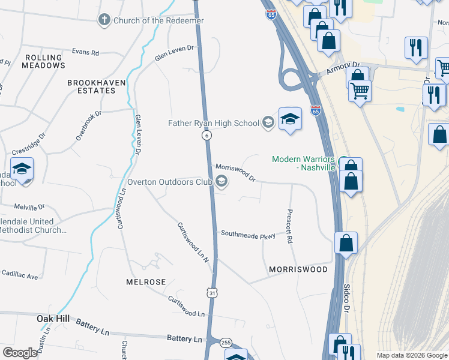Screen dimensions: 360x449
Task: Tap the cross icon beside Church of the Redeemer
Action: (x=104, y=20)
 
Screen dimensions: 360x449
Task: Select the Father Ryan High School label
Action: (x=213, y=123)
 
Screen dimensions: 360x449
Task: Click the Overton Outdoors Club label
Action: (x=170, y=181)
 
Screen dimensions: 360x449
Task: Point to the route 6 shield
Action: (x=206, y=136)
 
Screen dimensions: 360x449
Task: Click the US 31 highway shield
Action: (x=212, y=292)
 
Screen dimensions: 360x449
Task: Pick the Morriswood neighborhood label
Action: (x=298, y=269)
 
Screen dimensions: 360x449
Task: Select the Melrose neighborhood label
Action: (x=146, y=281)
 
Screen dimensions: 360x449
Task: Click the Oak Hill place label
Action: (x=53, y=318)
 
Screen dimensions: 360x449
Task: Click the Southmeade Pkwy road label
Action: (x=248, y=235)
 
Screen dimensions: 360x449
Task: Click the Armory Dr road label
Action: (x=342, y=68)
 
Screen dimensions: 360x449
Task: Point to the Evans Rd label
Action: (x=85, y=52)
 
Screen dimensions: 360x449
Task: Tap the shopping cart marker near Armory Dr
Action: (x=360, y=91)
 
